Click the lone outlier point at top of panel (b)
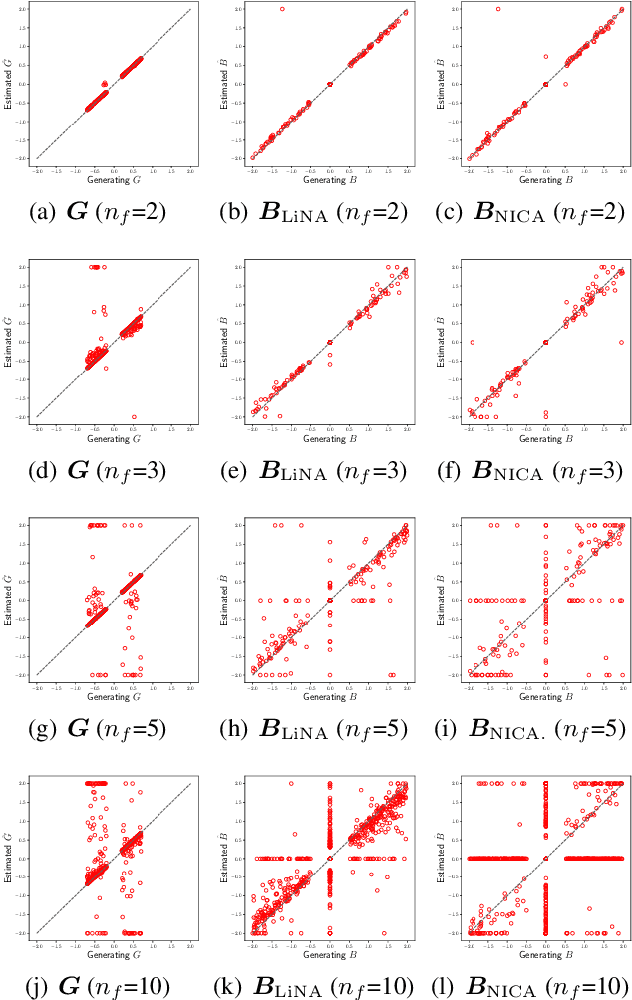tap(282, 9)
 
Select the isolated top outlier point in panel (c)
tap(498, 9)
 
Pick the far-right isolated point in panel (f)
tap(621, 342)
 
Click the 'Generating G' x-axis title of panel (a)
tap(114, 181)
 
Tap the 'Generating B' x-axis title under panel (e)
tap(329, 439)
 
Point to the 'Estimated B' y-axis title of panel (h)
tap(222, 599)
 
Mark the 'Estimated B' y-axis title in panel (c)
tap(439, 84)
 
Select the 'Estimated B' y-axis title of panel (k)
tap(222, 858)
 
